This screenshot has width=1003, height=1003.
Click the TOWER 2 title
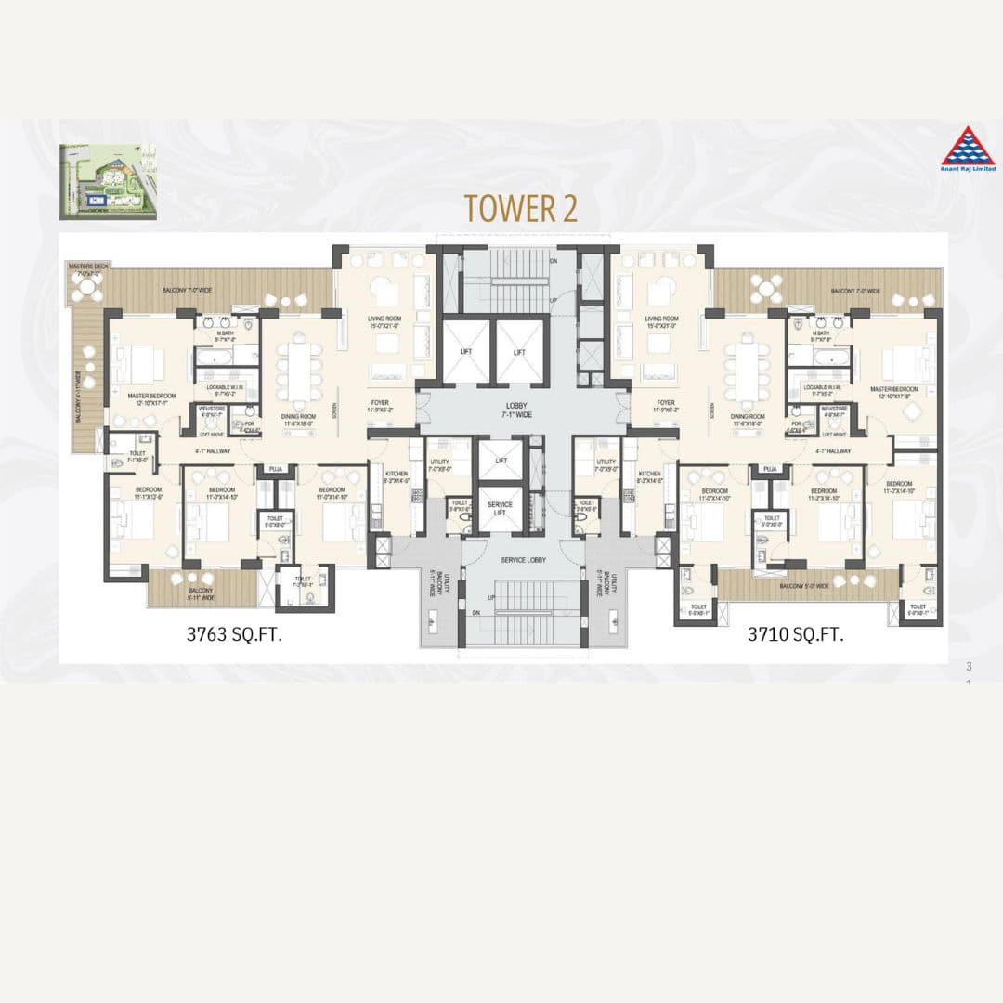pos(521,208)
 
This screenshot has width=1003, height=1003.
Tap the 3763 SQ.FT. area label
pos(234,635)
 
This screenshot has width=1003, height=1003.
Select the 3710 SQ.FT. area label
pos(795,635)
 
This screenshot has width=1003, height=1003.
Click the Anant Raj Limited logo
pos(968,150)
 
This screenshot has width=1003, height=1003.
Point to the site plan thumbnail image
pos(108,182)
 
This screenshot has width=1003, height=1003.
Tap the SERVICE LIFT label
pos(500,509)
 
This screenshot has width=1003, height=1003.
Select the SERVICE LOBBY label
pos(523,560)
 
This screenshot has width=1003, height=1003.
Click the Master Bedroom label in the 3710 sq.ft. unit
pos(894,392)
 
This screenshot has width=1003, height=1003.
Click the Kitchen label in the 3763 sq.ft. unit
pos(397,477)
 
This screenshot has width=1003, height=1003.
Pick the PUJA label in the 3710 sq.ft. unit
pos(769,470)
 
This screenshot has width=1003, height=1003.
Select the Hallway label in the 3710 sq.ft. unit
pos(833,451)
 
